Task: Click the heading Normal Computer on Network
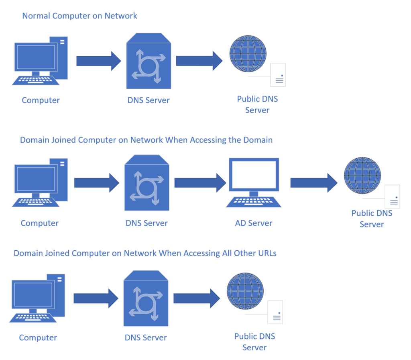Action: [79, 16]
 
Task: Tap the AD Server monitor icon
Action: [254, 183]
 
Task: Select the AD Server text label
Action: [254, 223]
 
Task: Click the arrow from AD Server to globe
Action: [314, 183]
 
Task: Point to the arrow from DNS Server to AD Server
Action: [200, 183]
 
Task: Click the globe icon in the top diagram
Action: [248, 54]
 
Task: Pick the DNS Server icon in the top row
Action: [149, 61]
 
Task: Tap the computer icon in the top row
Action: [40, 61]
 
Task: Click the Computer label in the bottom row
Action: [38, 337]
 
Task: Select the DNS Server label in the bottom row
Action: [146, 337]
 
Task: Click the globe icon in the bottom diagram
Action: [245, 291]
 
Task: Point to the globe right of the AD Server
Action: [362, 176]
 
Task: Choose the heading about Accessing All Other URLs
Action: [145, 253]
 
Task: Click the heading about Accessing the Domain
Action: [146, 140]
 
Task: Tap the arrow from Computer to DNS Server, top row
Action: [99, 61]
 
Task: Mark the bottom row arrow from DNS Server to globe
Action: [197, 299]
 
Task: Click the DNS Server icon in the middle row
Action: [147, 183]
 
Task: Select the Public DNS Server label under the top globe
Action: [257, 104]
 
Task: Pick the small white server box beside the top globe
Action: [278, 75]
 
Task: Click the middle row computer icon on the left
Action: [40, 183]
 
